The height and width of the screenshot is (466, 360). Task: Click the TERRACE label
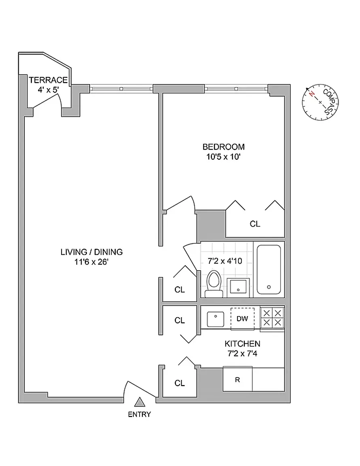48,80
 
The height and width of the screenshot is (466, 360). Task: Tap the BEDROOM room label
223,147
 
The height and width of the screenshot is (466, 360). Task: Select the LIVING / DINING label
91,252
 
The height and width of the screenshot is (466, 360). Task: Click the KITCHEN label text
242,344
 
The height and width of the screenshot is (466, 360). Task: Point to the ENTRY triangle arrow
140,402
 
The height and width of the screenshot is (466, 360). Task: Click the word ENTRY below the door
139,414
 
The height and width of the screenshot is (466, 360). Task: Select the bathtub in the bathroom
269,270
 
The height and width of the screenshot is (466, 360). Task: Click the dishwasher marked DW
242,319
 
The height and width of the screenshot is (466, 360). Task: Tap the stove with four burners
272,318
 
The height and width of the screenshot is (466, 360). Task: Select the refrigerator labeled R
238,380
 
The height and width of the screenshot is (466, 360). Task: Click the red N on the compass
311,94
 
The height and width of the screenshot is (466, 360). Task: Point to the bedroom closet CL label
255,224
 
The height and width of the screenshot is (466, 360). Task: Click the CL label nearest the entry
180,383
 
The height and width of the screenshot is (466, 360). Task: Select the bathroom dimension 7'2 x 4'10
225,261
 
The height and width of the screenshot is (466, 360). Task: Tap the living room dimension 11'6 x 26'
91,262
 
